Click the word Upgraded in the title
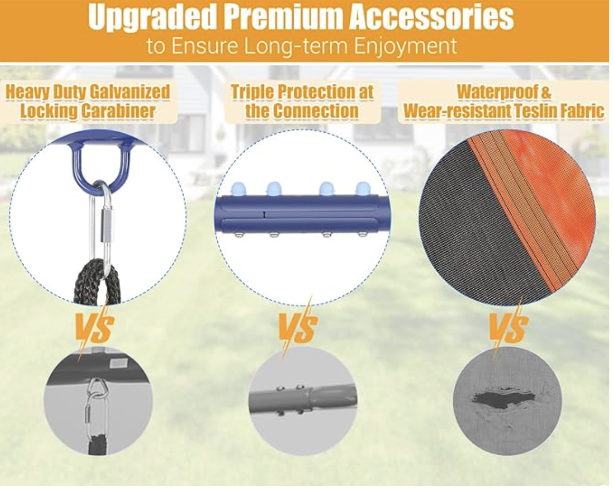pos(153,17)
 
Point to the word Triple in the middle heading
pos(252,92)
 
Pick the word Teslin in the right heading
pos(535,111)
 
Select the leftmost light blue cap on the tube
pos(238,189)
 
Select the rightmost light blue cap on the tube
pos(363,188)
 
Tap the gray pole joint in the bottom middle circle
pos(303,399)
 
